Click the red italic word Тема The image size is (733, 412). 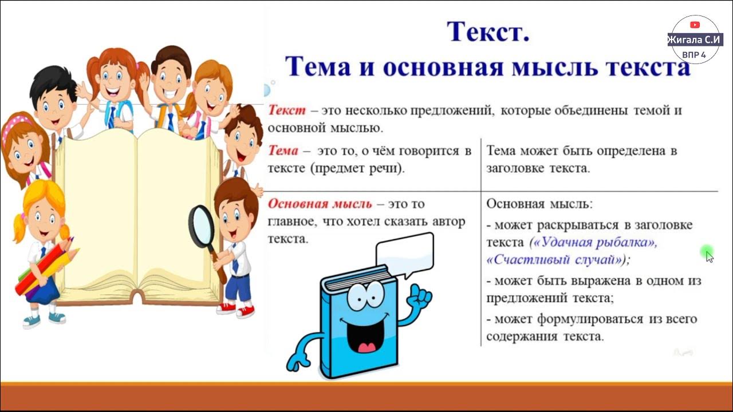[283, 151]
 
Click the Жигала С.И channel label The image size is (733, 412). [695, 40]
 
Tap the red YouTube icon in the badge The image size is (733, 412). [695, 25]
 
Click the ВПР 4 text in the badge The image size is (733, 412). [693, 54]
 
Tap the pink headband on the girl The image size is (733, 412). [17, 124]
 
